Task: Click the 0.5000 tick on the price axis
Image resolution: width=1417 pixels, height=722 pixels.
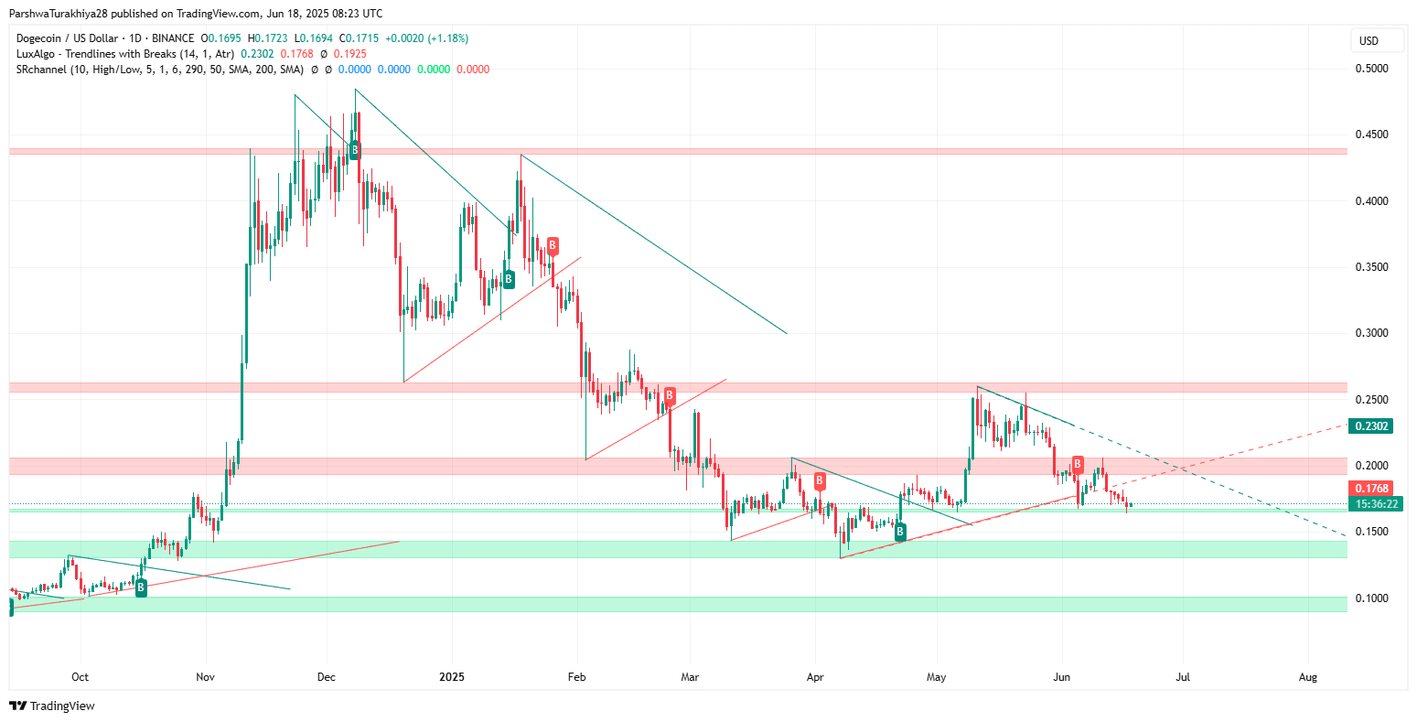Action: click(x=1371, y=69)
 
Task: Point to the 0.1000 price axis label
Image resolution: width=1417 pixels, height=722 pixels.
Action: click(x=1371, y=598)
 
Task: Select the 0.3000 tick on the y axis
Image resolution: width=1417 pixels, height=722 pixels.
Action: click(x=1371, y=333)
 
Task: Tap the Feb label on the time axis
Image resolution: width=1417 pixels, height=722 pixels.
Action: click(x=577, y=678)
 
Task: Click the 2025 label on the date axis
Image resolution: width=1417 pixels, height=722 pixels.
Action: click(x=452, y=678)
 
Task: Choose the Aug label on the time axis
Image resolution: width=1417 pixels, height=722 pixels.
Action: click(x=1308, y=678)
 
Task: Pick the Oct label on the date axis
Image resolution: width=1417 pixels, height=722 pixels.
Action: click(x=80, y=678)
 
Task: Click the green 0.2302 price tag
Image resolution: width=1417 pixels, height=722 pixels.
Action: click(x=1371, y=426)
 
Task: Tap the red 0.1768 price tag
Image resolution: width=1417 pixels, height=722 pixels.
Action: click(x=1371, y=489)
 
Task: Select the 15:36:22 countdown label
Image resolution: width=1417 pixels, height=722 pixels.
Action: click(x=1375, y=503)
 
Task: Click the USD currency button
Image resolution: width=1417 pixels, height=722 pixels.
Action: click(x=1369, y=41)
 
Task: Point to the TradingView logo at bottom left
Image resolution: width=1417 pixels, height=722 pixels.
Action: click(x=52, y=706)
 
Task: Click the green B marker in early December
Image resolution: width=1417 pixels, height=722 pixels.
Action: click(x=355, y=149)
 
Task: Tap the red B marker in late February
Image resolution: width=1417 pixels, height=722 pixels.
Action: click(x=670, y=396)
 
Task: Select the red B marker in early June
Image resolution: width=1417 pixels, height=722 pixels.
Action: click(x=1079, y=464)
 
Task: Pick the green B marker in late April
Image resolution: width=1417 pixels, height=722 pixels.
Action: click(x=900, y=531)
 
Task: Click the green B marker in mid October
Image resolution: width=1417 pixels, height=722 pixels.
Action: click(x=141, y=588)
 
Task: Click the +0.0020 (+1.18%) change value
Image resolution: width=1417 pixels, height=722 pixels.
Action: click(x=427, y=38)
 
